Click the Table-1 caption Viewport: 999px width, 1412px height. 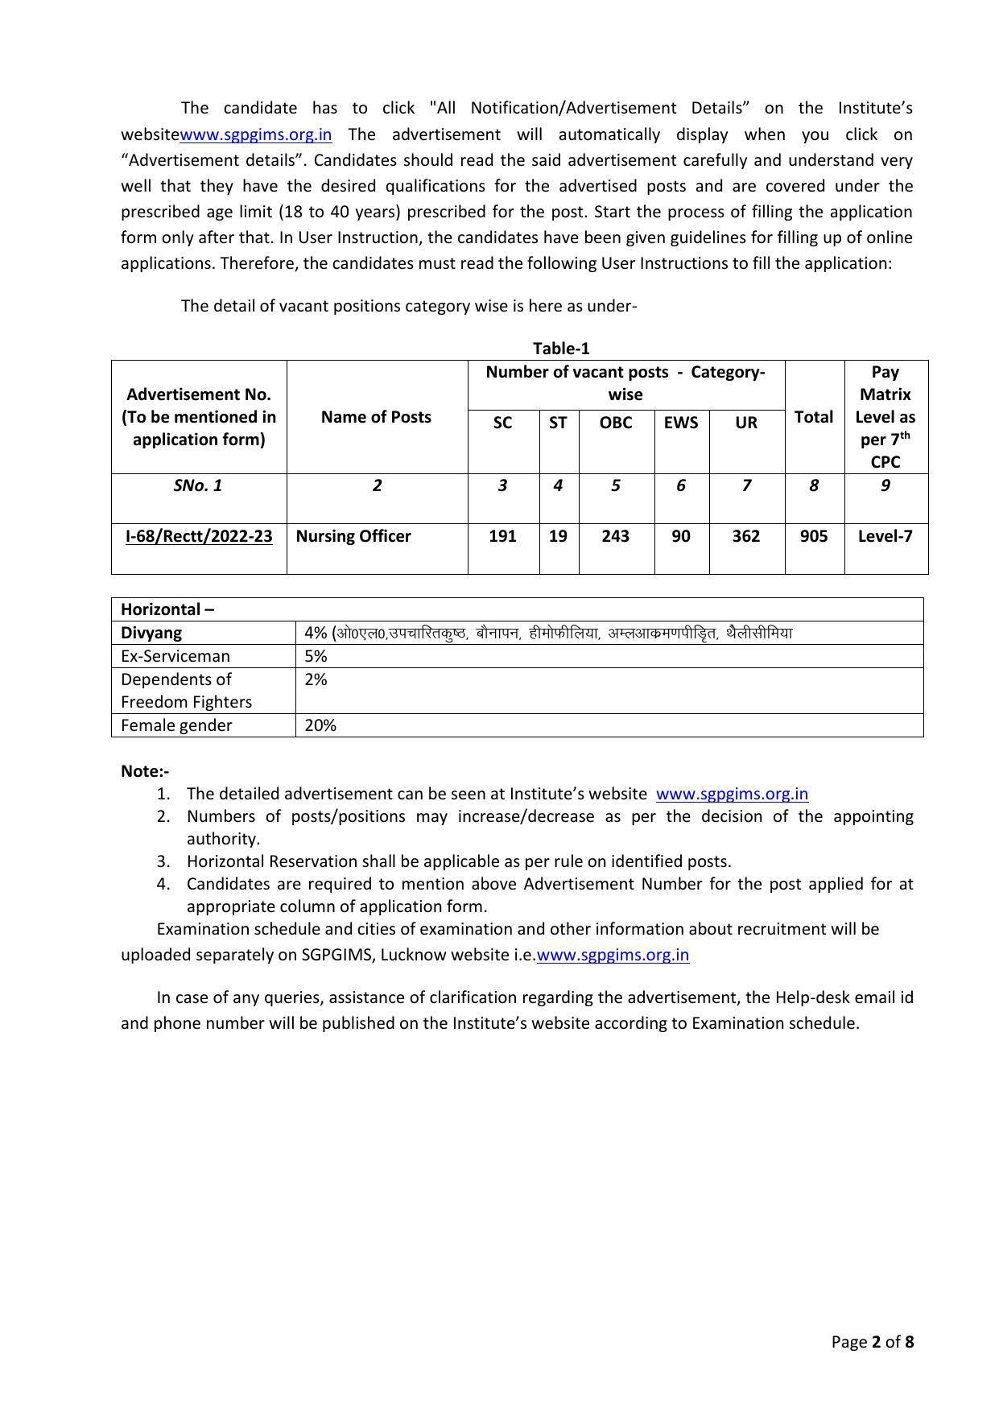pos(561,349)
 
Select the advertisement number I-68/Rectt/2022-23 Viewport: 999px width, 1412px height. pos(199,536)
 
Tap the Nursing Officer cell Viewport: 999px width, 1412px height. pos(353,536)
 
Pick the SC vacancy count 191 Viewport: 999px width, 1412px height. pos(502,536)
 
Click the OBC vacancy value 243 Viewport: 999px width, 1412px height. pos(615,536)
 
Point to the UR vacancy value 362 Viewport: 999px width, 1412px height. pos(745,536)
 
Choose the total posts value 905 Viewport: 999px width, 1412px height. pos(813,536)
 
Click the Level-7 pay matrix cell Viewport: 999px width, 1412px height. pos(885,536)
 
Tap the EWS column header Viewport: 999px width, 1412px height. pos(680,423)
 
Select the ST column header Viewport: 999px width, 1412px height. pos(558,423)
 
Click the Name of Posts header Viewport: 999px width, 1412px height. pos(376,417)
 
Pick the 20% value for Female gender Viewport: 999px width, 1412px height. pos(320,725)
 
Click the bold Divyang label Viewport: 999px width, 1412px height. pos(151,633)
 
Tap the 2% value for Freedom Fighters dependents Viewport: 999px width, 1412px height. pos(316,679)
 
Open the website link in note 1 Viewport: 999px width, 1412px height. pos(732,794)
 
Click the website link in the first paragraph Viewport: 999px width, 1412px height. pos(255,134)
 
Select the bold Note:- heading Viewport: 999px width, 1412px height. pos(145,771)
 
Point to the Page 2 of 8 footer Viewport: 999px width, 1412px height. pos(873,1342)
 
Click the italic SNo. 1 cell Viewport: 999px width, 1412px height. pos(198,485)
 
